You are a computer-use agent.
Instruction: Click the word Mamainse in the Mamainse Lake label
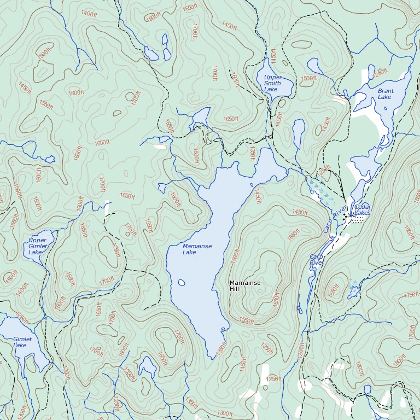[197, 246]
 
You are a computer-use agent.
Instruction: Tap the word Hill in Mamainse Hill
[234, 289]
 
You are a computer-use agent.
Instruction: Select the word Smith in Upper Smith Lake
[272, 83]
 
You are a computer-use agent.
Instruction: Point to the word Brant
[385, 91]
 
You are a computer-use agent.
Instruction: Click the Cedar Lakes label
[363, 209]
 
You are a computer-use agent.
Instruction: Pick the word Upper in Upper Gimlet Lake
[37, 241]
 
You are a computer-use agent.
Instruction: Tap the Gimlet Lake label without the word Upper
[22, 342]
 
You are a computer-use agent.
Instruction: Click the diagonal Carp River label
[335, 219]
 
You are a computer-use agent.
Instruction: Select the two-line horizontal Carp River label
[317, 259]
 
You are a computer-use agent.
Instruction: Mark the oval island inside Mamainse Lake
[181, 283]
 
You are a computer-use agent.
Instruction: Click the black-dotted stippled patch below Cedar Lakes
[357, 220]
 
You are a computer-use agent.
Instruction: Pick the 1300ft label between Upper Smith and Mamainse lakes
[252, 153]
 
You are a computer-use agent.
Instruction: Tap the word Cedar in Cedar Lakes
[363, 207]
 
